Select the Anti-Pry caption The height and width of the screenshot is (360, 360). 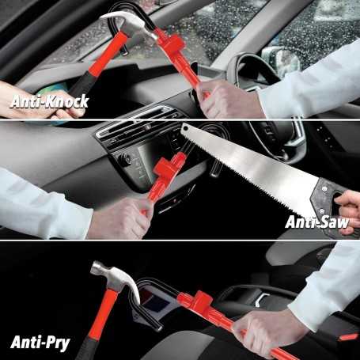(39, 342)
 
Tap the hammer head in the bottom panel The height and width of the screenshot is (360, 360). (115, 276)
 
